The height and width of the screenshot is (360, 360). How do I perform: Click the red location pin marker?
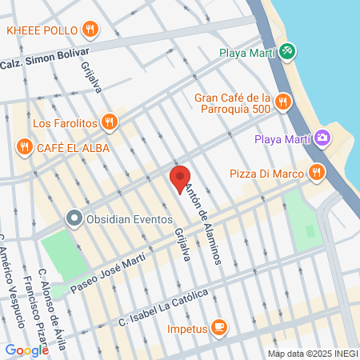(180, 178)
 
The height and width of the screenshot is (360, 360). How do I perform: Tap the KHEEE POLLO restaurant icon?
(90, 30)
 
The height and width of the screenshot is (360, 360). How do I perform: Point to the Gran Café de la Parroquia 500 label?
(232, 103)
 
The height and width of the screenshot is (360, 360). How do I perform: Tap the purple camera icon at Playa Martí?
(322, 138)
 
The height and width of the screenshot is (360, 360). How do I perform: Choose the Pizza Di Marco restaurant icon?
(318, 173)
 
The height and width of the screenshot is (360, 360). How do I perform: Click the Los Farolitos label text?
(65, 123)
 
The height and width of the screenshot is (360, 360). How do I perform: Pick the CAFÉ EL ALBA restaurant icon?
(24, 147)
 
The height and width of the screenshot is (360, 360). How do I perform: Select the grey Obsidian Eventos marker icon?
(74, 218)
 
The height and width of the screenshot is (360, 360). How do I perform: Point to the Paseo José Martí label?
(107, 272)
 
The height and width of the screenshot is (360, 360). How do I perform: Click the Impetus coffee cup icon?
(219, 327)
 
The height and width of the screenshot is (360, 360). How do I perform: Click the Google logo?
(26, 350)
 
